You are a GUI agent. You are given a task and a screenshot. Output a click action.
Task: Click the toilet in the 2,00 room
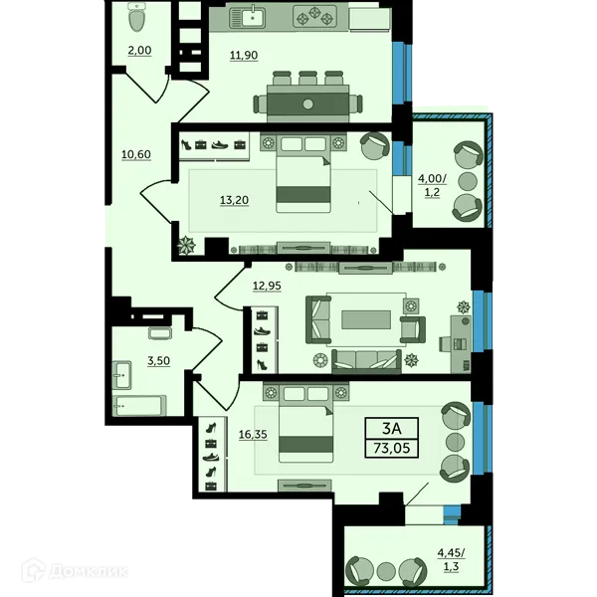click(x=137, y=17)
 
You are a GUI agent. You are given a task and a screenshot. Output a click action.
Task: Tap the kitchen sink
click(x=247, y=17)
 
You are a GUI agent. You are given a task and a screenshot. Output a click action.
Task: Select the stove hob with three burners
click(x=314, y=16)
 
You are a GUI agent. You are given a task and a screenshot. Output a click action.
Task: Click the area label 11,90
click(x=244, y=55)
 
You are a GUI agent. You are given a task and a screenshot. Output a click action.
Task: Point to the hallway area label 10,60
click(x=136, y=154)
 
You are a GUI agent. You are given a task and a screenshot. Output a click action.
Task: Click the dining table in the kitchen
click(x=308, y=103)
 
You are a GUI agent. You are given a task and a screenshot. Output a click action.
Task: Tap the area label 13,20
click(x=234, y=200)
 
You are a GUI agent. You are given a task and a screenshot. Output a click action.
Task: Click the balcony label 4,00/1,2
click(x=432, y=185)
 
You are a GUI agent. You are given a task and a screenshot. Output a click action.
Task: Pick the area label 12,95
click(x=267, y=286)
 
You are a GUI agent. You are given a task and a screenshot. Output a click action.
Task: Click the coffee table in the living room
click(x=366, y=319)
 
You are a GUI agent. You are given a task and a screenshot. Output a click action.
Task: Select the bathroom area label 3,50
click(x=159, y=360)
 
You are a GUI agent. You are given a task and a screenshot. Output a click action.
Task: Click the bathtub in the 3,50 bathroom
click(x=139, y=406)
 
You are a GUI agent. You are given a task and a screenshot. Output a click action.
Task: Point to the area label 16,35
click(x=253, y=435)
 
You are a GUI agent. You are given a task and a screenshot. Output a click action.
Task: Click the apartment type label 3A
click(x=392, y=429)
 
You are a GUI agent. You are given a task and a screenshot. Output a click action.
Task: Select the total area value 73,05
click(x=392, y=448)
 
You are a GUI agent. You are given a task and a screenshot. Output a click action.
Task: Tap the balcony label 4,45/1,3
click(x=451, y=559)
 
